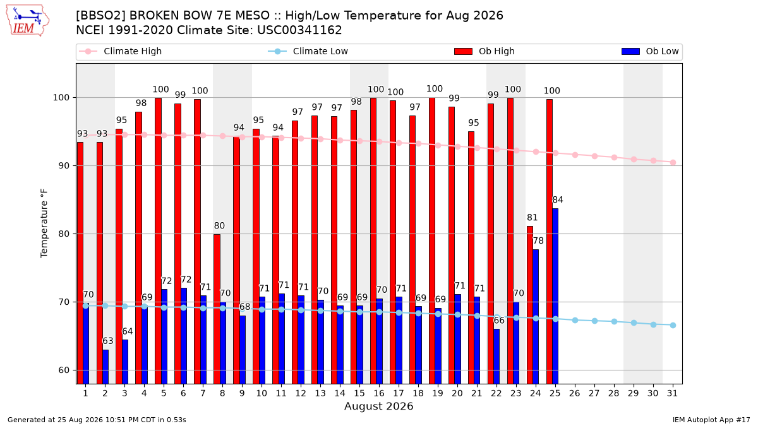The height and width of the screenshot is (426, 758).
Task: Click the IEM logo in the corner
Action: [28, 21]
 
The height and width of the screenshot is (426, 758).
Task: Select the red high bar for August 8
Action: [217, 309]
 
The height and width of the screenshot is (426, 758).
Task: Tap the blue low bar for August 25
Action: [555, 296]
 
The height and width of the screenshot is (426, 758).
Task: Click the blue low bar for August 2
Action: [105, 367]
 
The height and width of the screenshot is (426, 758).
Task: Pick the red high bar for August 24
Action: [530, 305]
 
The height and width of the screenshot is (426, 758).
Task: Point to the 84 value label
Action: [558, 200]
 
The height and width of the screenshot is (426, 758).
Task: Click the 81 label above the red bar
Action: [532, 217]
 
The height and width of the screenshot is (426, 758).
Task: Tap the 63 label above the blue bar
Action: [108, 341]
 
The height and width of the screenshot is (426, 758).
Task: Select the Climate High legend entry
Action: [121, 51]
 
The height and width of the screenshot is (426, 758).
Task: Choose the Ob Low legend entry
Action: [650, 51]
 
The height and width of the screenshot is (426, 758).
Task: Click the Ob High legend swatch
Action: [463, 51]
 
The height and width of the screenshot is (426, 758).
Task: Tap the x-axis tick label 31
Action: [672, 393]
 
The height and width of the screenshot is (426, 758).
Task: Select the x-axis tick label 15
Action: [359, 393]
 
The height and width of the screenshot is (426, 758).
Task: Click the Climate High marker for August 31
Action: [673, 163]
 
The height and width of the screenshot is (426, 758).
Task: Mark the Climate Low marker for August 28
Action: [614, 321]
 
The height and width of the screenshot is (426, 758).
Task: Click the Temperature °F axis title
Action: [44, 223]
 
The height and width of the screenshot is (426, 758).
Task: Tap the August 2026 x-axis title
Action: [378, 406]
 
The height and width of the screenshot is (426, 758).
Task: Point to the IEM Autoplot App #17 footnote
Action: [711, 420]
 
